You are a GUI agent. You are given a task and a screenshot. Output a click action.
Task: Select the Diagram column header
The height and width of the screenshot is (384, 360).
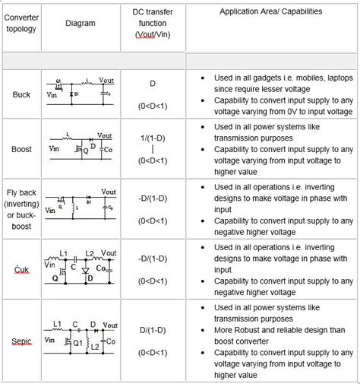(x=81, y=24)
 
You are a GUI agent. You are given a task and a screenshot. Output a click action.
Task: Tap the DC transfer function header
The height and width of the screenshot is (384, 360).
(x=153, y=24)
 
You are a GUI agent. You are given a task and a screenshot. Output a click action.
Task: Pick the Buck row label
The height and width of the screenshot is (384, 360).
(x=21, y=94)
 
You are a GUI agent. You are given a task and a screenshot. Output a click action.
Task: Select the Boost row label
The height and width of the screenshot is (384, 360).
(x=21, y=150)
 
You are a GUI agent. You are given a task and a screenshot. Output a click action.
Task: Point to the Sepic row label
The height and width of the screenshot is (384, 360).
(x=21, y=342)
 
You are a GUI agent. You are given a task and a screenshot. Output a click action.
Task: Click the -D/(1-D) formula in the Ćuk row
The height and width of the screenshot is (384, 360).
(x=153, y=258)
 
